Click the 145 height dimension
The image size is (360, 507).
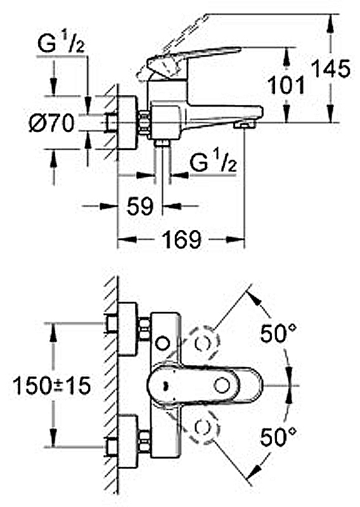(x=331, y=68)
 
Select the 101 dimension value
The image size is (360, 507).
(x=287, y=86)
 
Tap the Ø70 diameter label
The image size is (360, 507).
(x=52, y=123)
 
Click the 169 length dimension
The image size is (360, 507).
(x=181, y=240)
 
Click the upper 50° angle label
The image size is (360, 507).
(x=278, y=333)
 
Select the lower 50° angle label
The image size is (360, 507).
(x=278, y=437)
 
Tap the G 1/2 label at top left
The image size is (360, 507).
(x=61, y=44)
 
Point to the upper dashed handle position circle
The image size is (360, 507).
(x=203, y=343)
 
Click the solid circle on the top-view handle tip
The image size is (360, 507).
(x=222, y=386)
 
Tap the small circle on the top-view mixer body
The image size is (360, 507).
(x=163, y=343)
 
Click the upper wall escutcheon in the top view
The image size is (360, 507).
(x=128, y=329)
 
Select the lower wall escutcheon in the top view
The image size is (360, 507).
(x=128, y=442)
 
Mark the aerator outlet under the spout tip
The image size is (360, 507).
(x=245, y=125)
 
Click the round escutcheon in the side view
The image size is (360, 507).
(x=128, y=123)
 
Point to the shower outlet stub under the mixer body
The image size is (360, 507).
(x=162, y=143)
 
